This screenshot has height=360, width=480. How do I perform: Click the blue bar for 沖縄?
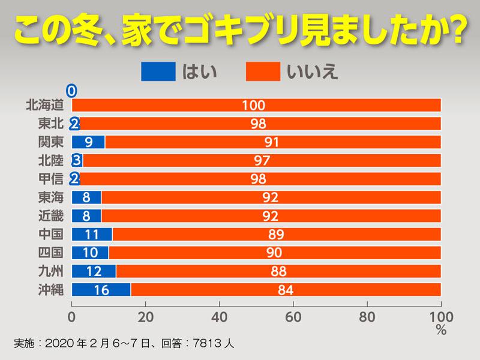pos(101,290)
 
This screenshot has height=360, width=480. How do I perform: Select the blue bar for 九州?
pos(94,271)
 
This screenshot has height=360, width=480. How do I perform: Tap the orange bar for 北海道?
pos(256,105)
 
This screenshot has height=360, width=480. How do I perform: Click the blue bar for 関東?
pos(88,142)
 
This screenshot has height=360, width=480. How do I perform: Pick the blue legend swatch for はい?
pos(158,71)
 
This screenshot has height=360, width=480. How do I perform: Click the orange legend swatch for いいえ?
pos(263,71)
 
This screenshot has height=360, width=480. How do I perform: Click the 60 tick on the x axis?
pos(293,316)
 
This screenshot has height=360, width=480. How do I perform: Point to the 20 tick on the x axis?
pos(146,316)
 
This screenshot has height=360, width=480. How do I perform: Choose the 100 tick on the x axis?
pos(440,316)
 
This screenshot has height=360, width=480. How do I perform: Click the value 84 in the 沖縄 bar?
pos(286,290)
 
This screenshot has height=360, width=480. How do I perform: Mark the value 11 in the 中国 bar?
pos(92,235)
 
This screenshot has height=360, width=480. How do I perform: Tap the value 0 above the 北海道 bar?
pos(71,91)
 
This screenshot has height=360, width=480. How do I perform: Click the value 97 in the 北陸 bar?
pos(262,161)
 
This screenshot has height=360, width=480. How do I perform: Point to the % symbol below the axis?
pos(441,329)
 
